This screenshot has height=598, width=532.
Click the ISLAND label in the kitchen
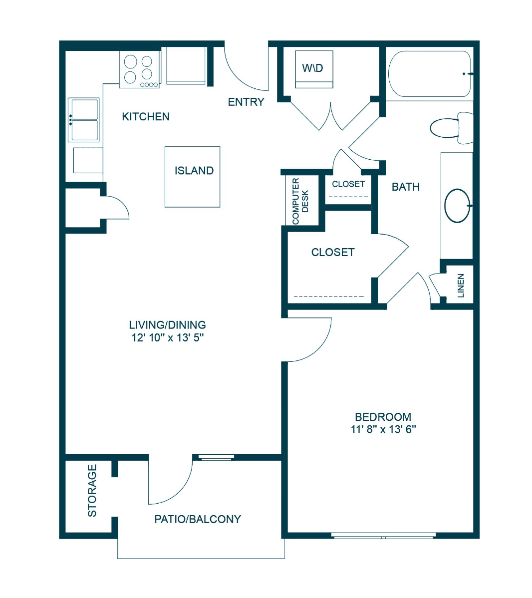(194, 171)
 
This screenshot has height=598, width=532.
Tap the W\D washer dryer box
(314, 69)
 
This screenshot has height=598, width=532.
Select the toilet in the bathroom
(452, 128)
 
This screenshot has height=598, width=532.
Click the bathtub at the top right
(430, 73)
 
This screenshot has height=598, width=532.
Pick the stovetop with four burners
(140, 69)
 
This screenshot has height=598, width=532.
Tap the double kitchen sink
(84, 120)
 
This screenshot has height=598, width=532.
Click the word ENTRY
(246, 102)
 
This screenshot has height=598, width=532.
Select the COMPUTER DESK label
(300, 201)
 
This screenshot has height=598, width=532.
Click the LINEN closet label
(461, 285)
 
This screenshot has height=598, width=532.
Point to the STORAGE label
(92, 491)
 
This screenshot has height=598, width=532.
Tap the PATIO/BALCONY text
(198, 519)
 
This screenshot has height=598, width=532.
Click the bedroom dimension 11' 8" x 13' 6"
(383, 429)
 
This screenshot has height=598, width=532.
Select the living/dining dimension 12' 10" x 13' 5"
(168, 337)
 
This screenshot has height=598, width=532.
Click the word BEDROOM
(383, 417)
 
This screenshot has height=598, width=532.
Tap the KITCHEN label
(146, 116)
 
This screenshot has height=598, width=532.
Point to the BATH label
(406, 187)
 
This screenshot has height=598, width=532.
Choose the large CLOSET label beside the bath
(333, 252)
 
